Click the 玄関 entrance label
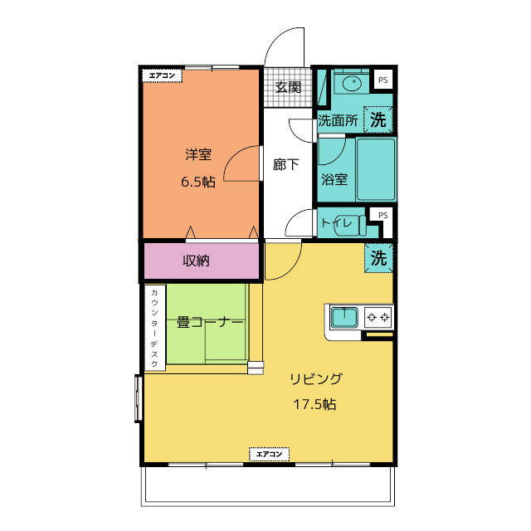pyautogui.click(x=288, y=87)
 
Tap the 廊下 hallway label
pyautogui.click(x=285, y=164)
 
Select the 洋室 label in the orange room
pyautogui.click(x=198, y=154)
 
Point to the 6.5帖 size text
pyautogui.click(x=198, y=183)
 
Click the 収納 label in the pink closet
pyautogui.click(x=196, y=261)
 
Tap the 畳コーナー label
pyautogui.click(x=210, y=322)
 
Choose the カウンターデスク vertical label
pyautogui.click(x=154, y=328)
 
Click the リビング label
pyautogui.click(x=316, y=378)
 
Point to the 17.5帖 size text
pyautogui.click(x=314, y=404)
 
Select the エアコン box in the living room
pyautogui.click(x=269, y=454)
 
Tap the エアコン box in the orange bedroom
pyautogui.click(x=163, y=76)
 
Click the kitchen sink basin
pyautogui.click(x=344, y=317)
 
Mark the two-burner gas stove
pyautogui.click(x=378, y=317)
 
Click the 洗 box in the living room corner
pyautogui.click(x=378, y=258)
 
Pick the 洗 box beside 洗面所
pyautogui.click(x=378, y=119)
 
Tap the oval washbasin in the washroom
pyautogui.click(x=352, y=83)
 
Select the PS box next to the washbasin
pyautogui.click(x=382, y=80)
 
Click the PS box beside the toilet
pyautogui.click(x=382, y=216)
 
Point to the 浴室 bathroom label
pyautogui.click(x=334, y=179)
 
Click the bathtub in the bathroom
pyautogui.click(x=376, y=169)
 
